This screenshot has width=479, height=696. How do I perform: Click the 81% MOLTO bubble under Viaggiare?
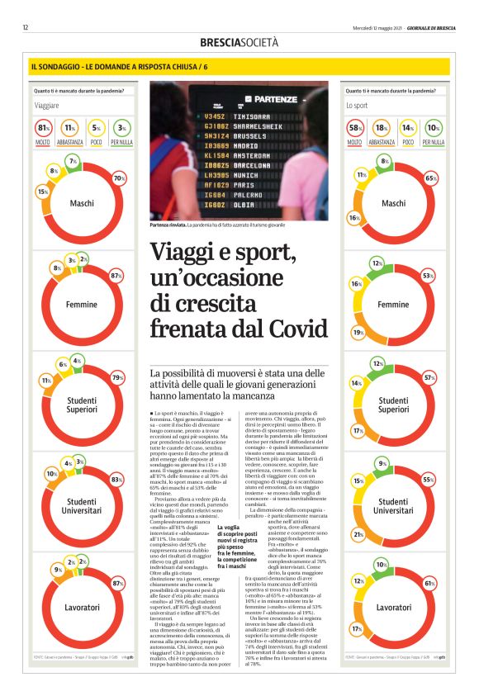(x=44, y=128)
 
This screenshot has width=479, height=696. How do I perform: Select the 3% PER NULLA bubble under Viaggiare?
(x=121, y=128)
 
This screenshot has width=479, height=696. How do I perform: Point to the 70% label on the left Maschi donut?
(x=119, y=178)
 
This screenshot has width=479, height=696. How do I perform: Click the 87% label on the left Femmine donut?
(x=116, y=275)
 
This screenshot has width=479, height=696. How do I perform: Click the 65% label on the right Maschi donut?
(x=430, y=178)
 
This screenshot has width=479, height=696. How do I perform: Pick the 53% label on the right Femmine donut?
(x=428, y=275)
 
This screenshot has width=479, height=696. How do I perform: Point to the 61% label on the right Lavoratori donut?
(x=429, y=584)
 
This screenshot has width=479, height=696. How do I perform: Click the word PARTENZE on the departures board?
(x=276, y=99)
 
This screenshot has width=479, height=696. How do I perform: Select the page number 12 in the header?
(x=26, y=27)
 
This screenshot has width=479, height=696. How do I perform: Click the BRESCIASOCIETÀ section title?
(x=239, y=42)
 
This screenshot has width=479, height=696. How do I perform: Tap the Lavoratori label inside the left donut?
(x=82, y=607)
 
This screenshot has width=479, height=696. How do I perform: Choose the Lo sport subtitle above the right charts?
(x=357, y=106)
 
